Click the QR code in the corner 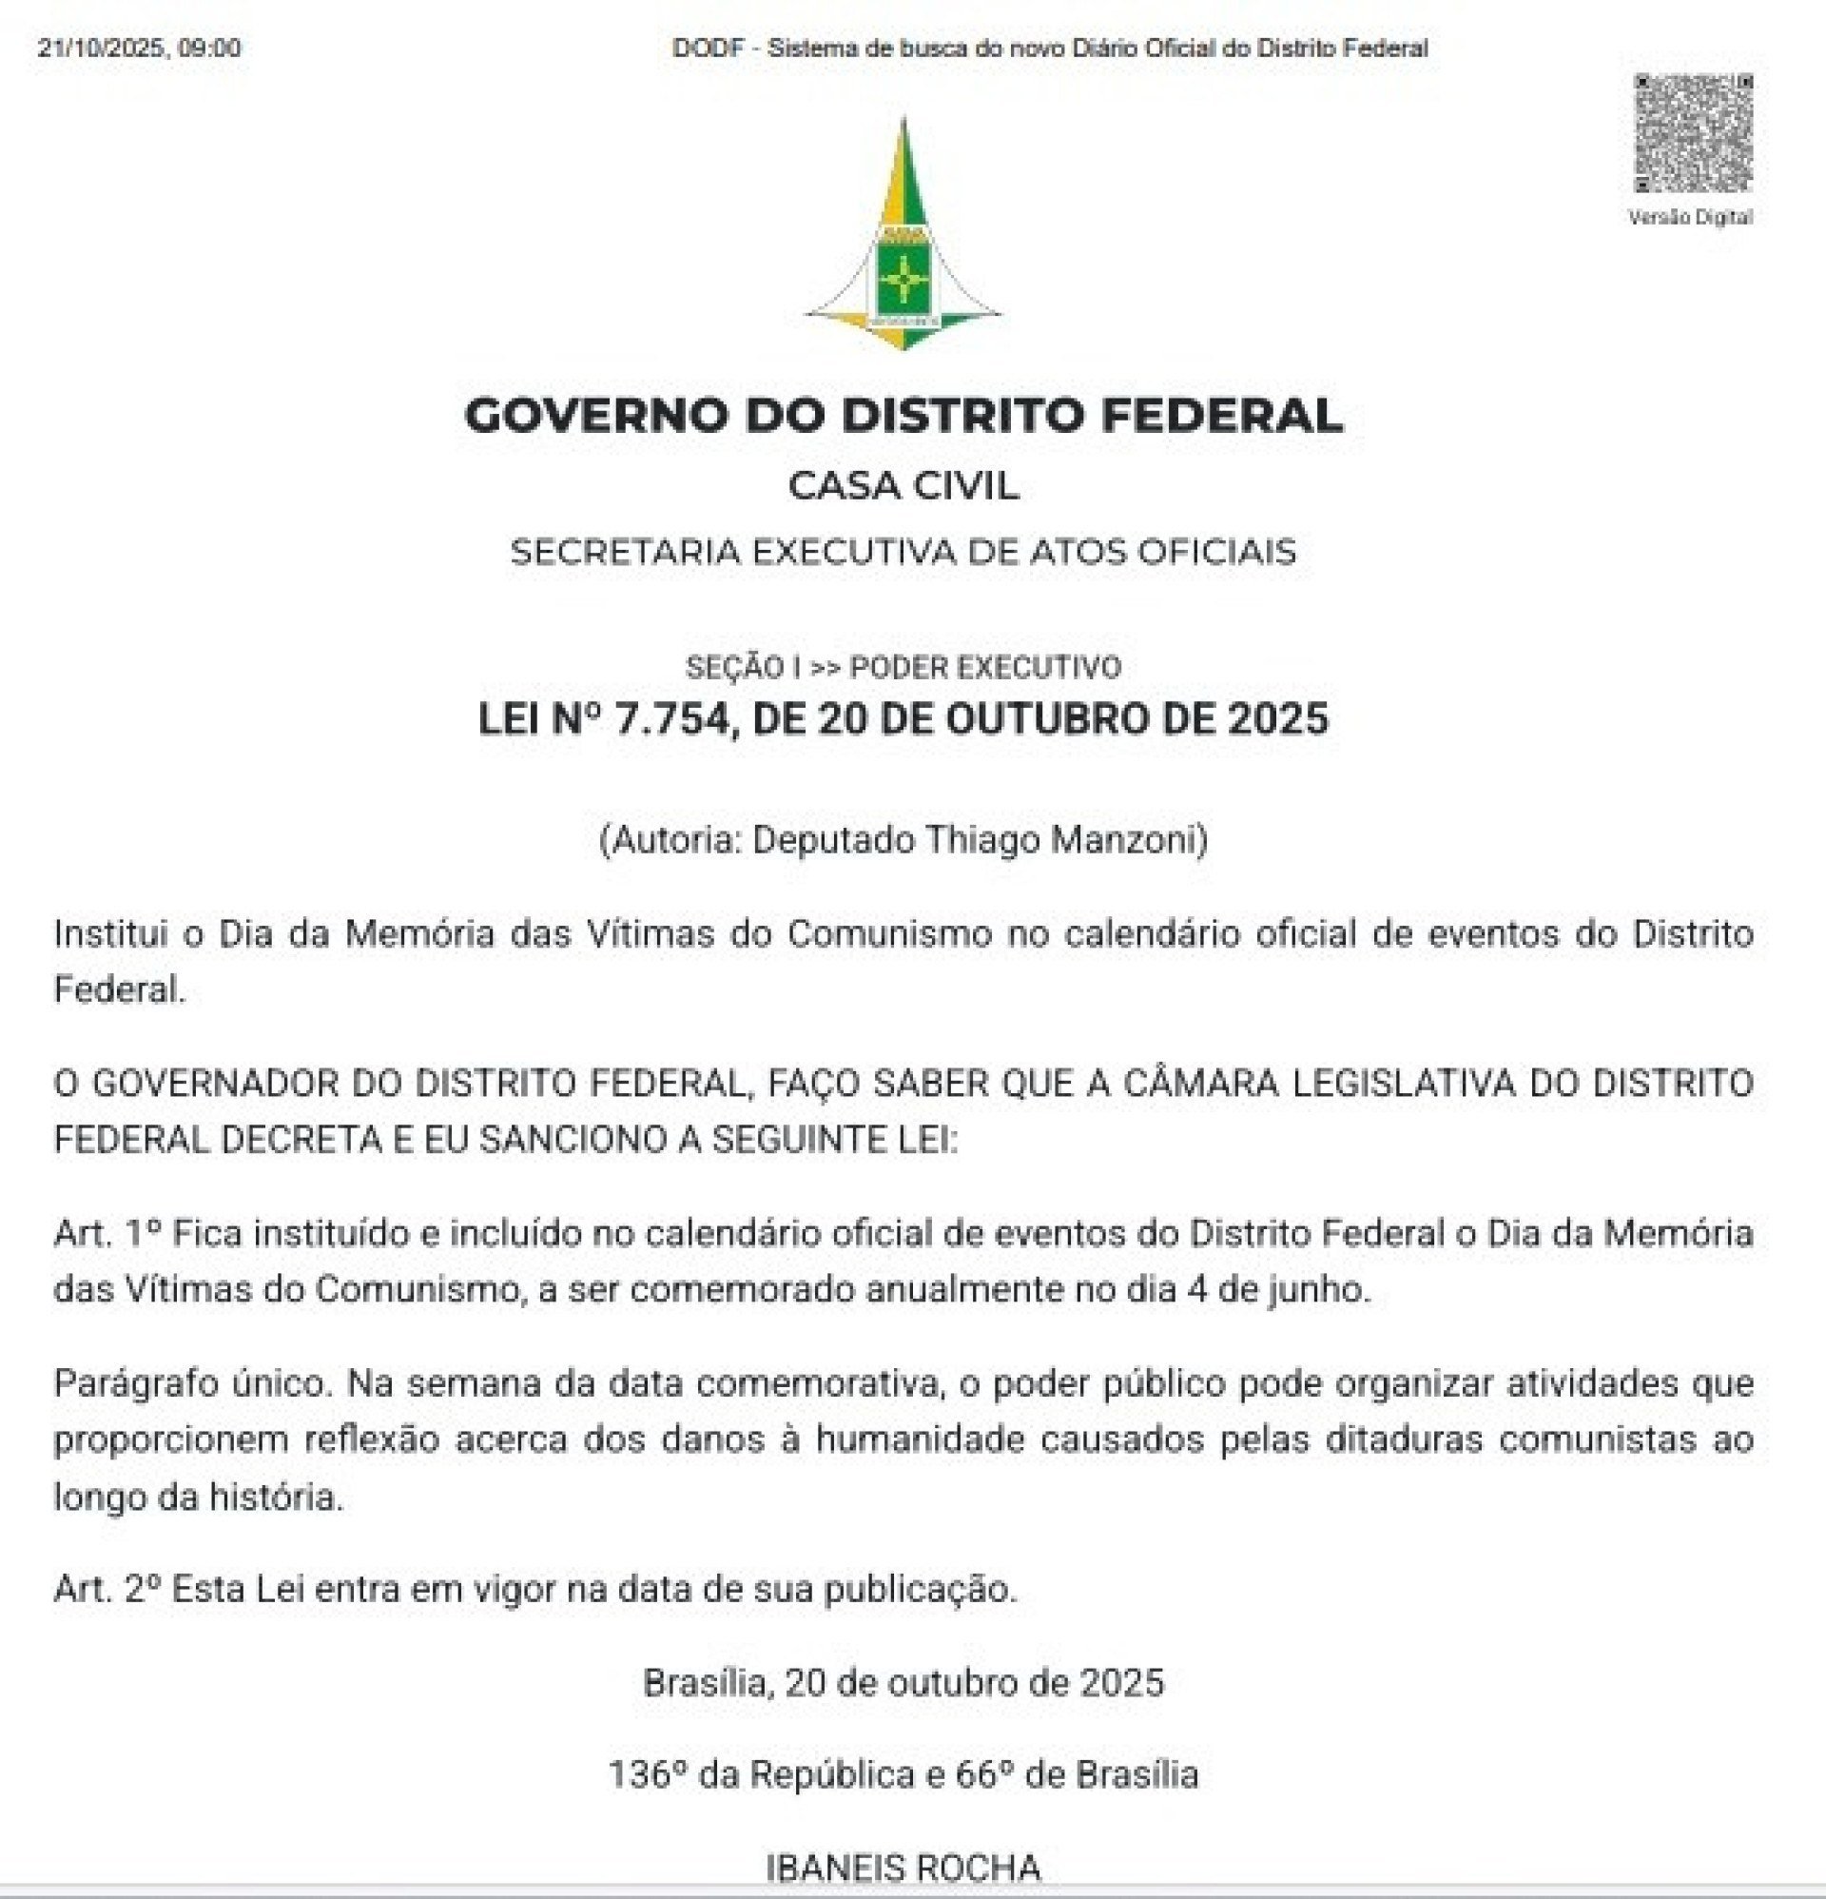point(1693,133)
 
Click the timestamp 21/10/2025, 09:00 point(140,48)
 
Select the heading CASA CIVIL point(903,485)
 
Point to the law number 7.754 point(671,719)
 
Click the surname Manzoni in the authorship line point(1129,839)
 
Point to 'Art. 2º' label point(107,1590)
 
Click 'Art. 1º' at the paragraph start point(107,1233)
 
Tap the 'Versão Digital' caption point(1690,217)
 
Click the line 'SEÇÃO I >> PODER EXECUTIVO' point(903,667)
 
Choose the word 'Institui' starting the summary point(111,934)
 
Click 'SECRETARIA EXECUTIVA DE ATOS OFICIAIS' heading point(903,551)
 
